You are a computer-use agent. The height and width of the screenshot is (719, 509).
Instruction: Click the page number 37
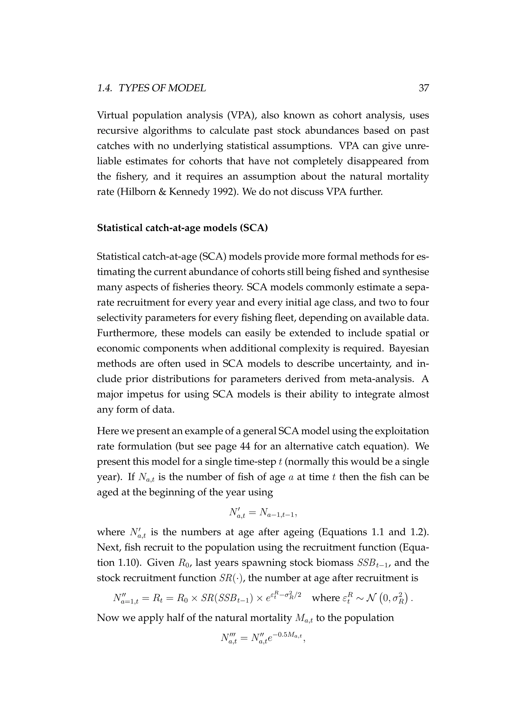[424, 89]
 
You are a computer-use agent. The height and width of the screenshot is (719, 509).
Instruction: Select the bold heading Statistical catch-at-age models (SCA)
[182, 228]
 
